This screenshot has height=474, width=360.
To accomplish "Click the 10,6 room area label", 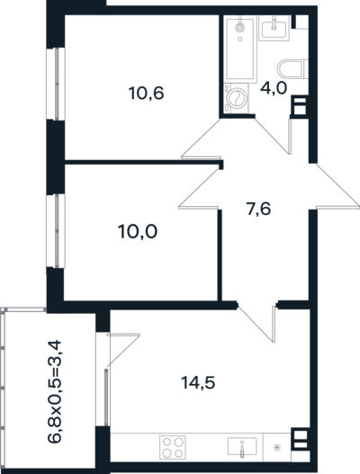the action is coord(147,94).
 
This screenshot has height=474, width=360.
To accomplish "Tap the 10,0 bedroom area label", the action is coord(138,232).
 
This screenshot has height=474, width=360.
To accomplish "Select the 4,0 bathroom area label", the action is coord(274,88).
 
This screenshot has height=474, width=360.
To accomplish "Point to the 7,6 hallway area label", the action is coord(258,210).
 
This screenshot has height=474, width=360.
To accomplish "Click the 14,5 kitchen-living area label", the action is coord(198,383).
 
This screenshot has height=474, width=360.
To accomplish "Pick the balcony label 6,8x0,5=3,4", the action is coord(55,392).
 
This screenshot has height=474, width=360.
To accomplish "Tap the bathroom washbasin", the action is coord(274,28).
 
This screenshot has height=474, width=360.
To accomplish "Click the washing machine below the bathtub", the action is coord(236,99).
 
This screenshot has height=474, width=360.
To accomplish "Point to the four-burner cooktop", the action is coord(173,447).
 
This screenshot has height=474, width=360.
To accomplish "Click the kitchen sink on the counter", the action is coord(242,446).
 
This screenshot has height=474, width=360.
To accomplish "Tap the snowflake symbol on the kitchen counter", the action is coord(276,447).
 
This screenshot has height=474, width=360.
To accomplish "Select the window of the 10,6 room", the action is coord(56,84).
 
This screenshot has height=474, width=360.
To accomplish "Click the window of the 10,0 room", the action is coord(56,231).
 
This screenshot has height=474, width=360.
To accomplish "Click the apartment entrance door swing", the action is coord(334,186).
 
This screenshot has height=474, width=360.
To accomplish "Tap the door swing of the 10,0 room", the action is coord(199,188).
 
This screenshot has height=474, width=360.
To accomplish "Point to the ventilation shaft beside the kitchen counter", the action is coord(300,440).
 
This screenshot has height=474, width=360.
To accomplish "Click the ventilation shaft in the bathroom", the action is coord(300,105).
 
